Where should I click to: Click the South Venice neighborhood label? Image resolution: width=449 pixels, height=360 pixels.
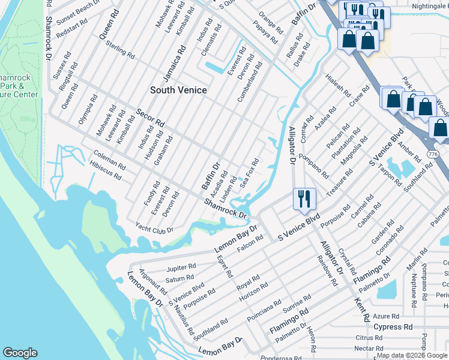[178, 90]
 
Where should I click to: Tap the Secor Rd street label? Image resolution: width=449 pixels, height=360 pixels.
[150, 118]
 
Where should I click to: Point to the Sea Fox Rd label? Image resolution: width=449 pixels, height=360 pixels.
[250, 173]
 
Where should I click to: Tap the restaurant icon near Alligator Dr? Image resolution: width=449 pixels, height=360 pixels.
[304, 199]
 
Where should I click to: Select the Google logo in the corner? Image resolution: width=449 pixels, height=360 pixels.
[20, 353]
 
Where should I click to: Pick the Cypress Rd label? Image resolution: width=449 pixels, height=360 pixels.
[393, 327]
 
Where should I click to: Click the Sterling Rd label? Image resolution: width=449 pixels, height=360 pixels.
[119, 49]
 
